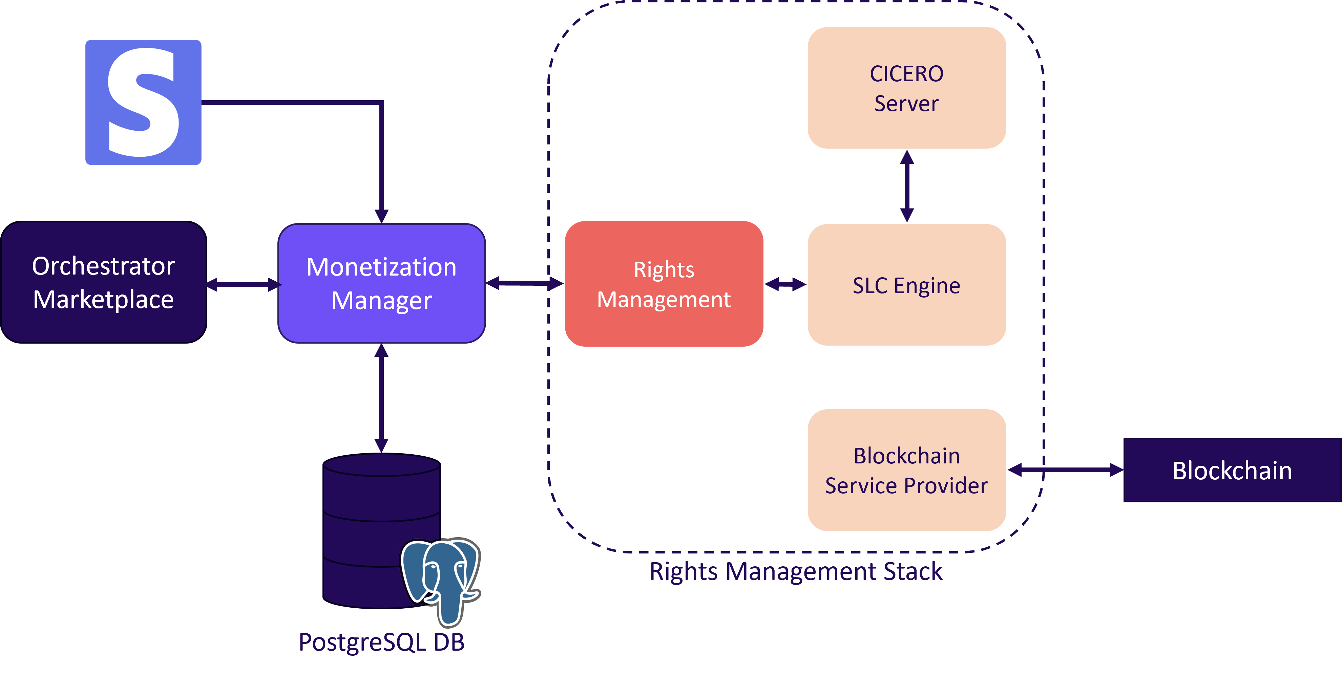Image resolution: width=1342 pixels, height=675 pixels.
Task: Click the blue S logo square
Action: point(143,102)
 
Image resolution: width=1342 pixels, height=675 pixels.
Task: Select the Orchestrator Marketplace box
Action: point(104,283)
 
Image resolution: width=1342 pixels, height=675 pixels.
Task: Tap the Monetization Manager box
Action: point(382,283)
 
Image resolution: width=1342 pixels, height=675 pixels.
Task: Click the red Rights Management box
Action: point(664,284)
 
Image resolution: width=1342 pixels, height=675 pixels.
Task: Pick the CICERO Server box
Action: point(906,88)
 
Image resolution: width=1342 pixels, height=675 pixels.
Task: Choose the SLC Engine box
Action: point(906,285)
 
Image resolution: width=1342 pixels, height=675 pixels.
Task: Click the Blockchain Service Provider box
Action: point(906,470)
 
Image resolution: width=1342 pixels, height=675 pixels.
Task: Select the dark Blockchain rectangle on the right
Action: point(1232,470)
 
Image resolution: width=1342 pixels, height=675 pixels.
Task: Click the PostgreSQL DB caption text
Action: point(381,642)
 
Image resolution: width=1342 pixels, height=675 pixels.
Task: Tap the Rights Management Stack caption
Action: point(796,571)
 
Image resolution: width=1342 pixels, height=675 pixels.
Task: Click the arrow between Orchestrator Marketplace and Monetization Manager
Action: point(243,284)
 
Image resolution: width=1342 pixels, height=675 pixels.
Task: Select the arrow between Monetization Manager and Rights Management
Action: point(524,283)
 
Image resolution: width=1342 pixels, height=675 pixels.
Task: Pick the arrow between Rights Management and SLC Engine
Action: point(785,284)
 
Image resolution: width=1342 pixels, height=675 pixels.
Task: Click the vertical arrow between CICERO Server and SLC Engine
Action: point(907,186)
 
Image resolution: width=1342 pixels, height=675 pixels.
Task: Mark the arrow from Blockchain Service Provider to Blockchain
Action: point(1066,470)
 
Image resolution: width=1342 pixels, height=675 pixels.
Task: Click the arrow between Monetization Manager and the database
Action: point(382,398)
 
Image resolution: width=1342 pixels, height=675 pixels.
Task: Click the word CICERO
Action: point(906,74)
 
